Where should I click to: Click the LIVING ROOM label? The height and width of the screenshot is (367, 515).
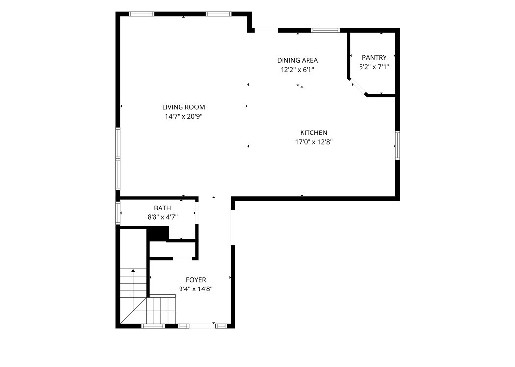[183, 107]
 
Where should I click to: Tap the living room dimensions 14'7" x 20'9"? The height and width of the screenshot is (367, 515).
[183, 116]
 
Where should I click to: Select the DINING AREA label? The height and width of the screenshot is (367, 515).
[297, 60]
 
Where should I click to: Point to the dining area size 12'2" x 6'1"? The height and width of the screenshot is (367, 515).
[297, 70]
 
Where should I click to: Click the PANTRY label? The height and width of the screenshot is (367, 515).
[374, 58]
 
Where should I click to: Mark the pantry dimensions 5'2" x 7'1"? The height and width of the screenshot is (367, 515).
[374, 67]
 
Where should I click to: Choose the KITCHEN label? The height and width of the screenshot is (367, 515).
[314, 133]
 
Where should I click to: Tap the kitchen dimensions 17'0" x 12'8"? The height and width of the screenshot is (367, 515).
[314, 142]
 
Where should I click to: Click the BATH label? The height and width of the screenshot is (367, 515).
[162, 208]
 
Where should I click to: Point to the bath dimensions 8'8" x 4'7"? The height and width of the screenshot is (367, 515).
[162, 217]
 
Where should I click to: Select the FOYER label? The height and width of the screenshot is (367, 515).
[196, 280]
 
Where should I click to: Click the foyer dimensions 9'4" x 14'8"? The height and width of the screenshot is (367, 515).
[196, 289]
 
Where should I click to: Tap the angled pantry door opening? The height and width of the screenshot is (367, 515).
[358, 87]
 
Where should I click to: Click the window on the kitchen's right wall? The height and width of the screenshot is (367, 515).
[397, 145]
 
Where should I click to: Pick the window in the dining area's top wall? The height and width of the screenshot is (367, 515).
[326, 30]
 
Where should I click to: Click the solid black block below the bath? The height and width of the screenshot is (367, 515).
[157, 234]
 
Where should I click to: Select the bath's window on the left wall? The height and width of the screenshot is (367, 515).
[118, 213]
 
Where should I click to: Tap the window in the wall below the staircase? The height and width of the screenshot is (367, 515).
[153, 326]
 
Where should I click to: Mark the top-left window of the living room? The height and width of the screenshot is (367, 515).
[142, 14]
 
